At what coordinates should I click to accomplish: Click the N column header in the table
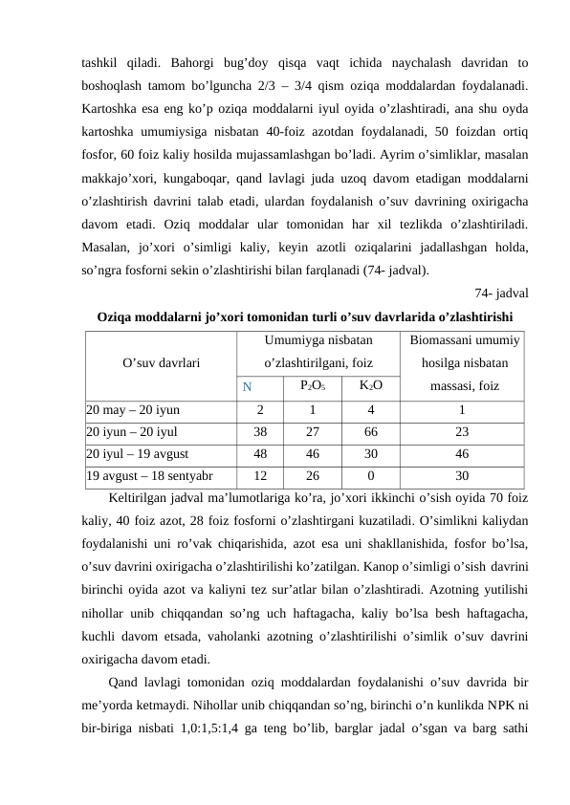click(x=247, y=387)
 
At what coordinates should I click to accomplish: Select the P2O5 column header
click(x=313, y=386)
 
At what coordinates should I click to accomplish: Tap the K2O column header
click(x=371, y=386)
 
